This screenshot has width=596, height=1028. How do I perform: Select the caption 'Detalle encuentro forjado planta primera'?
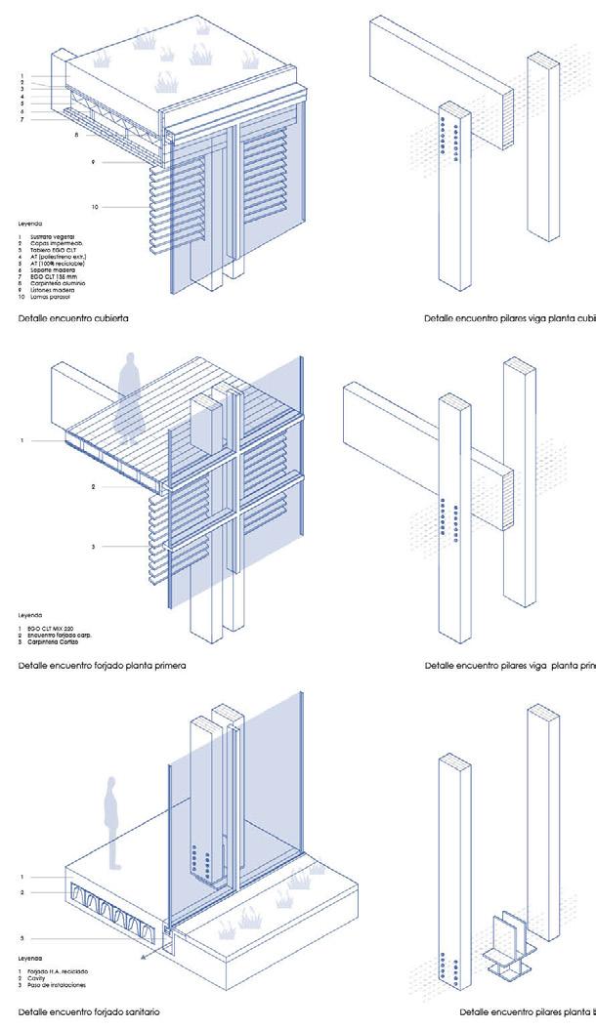coord(102,666)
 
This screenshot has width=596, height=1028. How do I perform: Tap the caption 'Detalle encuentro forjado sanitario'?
coord(88,1011)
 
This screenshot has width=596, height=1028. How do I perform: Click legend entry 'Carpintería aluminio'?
coord(55,283)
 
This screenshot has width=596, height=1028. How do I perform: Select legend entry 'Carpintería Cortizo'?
coord(52,641)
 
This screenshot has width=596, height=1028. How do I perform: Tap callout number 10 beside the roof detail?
coord(96,207)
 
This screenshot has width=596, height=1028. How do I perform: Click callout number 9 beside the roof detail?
coord(94,162)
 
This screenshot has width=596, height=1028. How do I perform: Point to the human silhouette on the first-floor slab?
coord(128,395)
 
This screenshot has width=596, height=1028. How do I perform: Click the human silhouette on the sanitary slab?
coord(112,822)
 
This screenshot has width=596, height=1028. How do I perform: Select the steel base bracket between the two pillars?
coord(506,945)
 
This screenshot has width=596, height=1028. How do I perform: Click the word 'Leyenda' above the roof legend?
coord(29,224)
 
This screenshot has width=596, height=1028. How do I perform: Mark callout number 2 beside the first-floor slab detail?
coord(93,485)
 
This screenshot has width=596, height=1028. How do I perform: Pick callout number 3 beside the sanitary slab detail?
coord(21,938)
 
